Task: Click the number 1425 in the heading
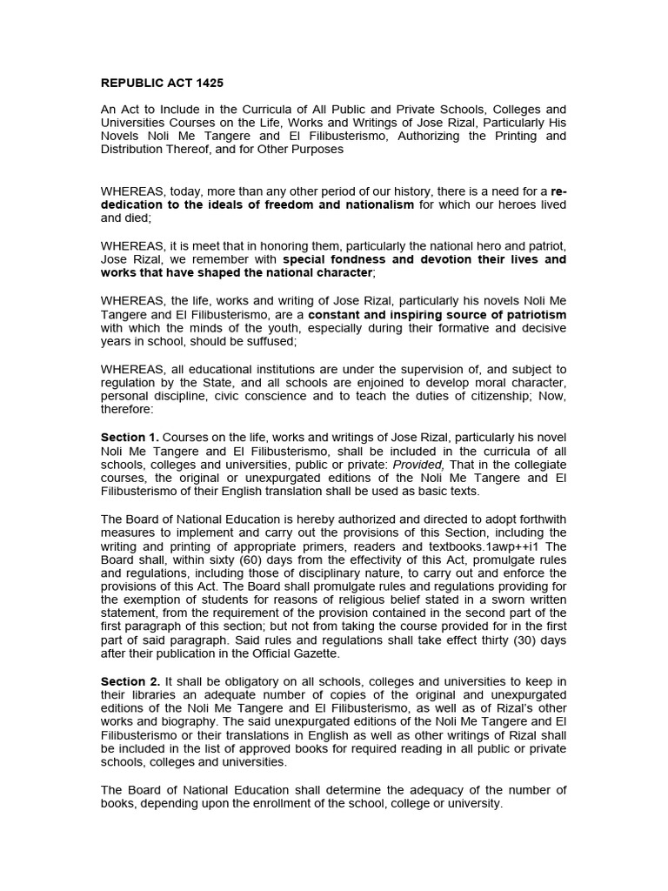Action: (206, 84)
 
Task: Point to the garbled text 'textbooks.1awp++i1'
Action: (489, 546)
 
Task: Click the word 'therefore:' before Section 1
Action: (127, 409)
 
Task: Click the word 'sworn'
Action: (484, 599)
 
